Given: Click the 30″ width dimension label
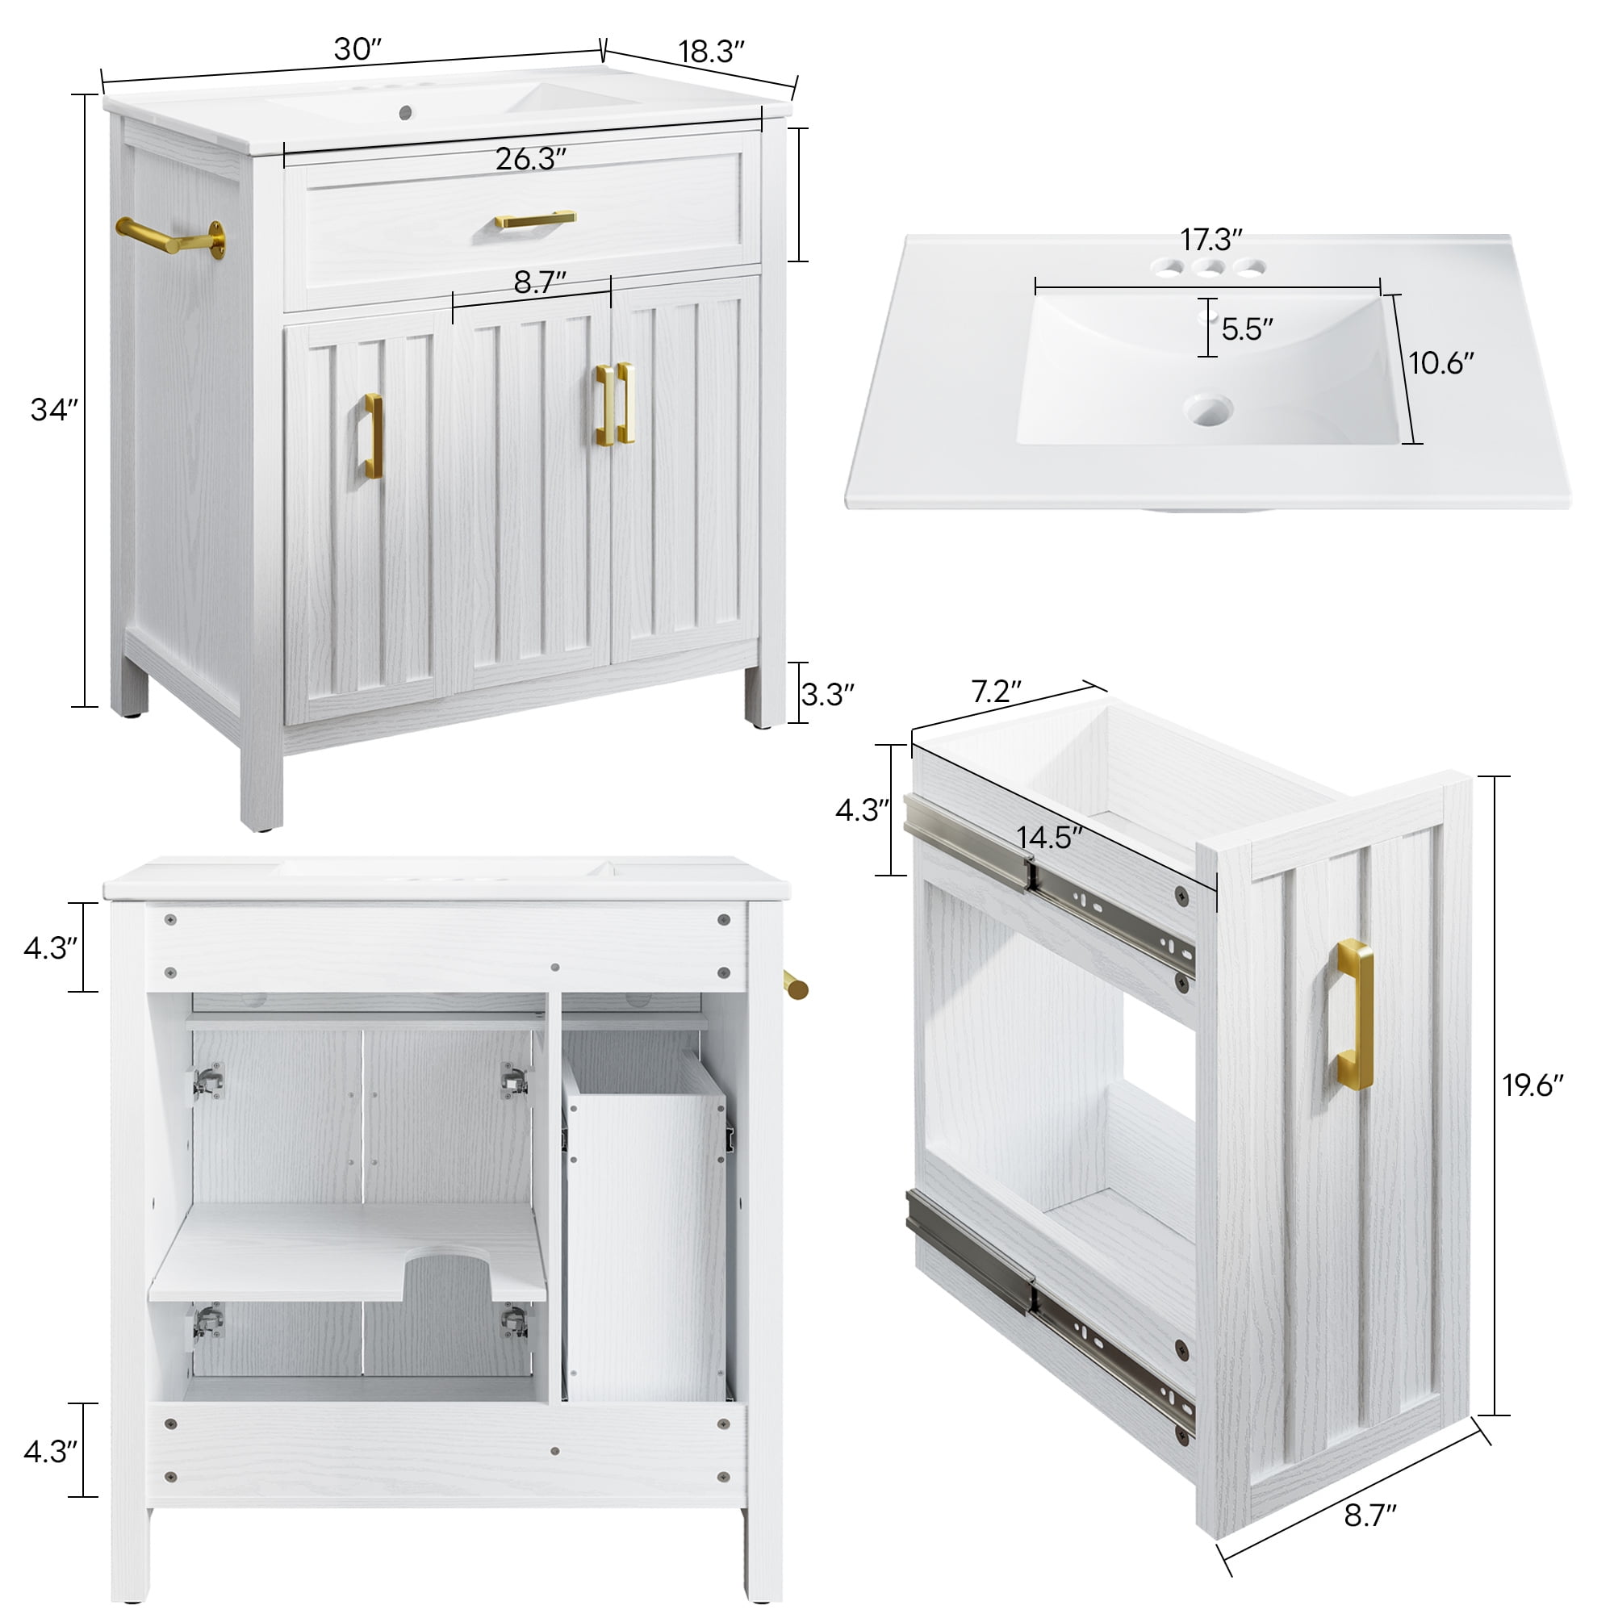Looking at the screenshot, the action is [x=358, y=50].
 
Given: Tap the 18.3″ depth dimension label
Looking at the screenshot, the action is [x=711, y=52].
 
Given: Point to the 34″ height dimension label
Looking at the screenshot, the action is [x=54, y=410].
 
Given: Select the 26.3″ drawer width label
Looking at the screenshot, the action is [x=531, y=159].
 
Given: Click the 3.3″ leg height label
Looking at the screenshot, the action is [x=828, y=694].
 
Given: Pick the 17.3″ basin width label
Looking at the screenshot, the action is [x=1211, y=240].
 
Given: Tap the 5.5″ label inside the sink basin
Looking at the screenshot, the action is [x=1248, y=329].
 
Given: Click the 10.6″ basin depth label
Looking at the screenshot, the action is [x=1442, y=363].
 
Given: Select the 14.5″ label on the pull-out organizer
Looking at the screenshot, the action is [x=1050, y=838].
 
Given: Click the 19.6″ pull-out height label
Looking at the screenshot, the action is [x=1534, y=1085].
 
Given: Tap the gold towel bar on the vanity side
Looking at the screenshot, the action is [x=171, y=237].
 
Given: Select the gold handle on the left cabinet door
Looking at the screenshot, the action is [x=374, y=436].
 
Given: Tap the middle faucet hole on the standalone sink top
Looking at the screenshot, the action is [x=1209, y=268].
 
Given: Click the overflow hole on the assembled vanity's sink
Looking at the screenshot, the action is [x=406, y=111].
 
